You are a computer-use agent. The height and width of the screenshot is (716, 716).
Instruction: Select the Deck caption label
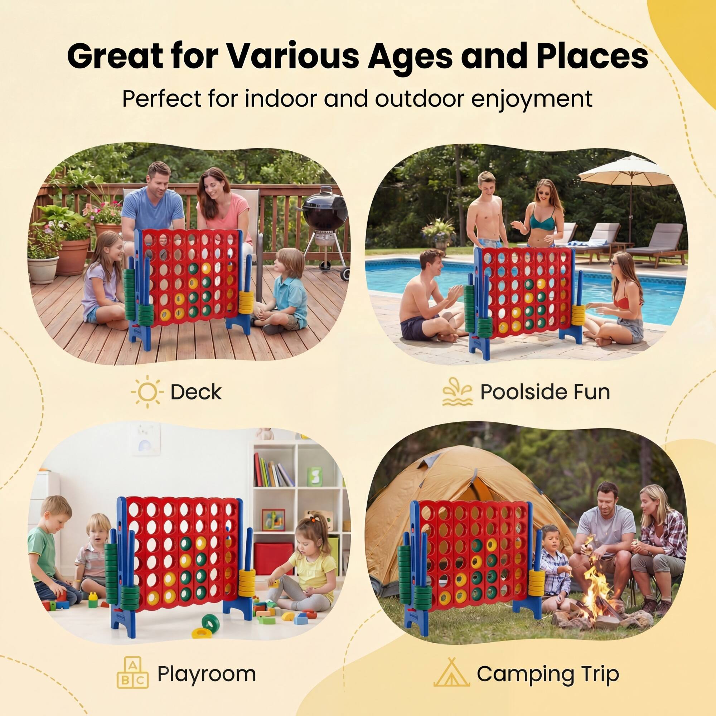[x=196, y=392]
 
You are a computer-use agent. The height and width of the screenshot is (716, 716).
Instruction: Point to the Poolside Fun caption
[x=545, y=392]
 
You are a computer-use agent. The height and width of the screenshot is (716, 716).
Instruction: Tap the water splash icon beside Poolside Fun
[x=457, y=391]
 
